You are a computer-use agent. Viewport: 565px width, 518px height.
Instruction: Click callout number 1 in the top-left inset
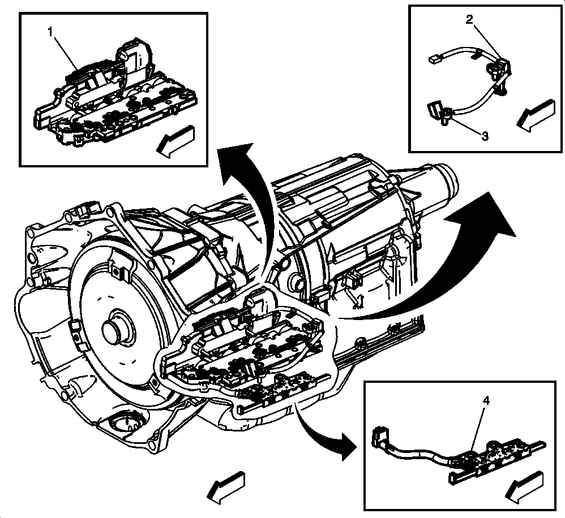pyautogui.click(x=50, y=32)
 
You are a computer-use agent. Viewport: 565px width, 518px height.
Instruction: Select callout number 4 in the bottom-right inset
pyautogui.click(x=486, y=400)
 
